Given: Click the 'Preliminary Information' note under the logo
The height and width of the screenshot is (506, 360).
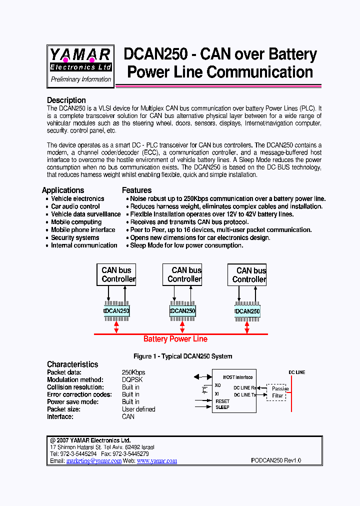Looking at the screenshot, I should pos(81,79).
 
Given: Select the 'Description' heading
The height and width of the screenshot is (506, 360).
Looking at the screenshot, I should pos(66,100).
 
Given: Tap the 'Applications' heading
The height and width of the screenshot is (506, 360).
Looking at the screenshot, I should pos(63,190).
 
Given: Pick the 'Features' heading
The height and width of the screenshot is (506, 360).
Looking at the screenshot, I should pos(136,190).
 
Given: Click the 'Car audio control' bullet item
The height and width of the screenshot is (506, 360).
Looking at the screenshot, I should pos(75,206).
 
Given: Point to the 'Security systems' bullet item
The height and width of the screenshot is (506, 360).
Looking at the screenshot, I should pos(75,237).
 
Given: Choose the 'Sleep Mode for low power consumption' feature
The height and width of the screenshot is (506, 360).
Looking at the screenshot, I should pos(186,245).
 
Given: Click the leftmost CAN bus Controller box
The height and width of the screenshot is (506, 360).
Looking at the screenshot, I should pos(116,274).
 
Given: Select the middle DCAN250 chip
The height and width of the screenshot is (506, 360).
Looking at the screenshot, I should pos(183,311).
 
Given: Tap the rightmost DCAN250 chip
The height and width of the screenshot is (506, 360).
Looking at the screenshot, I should pos(247,311).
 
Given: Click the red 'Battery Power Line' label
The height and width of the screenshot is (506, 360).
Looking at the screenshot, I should pos(175,339).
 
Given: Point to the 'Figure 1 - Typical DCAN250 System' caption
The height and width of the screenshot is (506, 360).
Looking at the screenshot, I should pos(182,356).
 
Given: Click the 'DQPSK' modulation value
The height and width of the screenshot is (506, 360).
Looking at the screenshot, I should pos(132,380).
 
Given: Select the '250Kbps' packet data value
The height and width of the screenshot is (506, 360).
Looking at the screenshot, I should pos(133,372).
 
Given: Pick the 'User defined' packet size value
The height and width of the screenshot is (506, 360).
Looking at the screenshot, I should pos(138,409).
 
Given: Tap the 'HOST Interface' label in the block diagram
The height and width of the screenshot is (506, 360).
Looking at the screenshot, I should pos(237,377).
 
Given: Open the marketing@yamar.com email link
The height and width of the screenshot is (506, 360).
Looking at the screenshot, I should pos(94,461).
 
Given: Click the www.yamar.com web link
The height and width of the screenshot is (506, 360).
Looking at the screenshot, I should pos(157,461).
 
